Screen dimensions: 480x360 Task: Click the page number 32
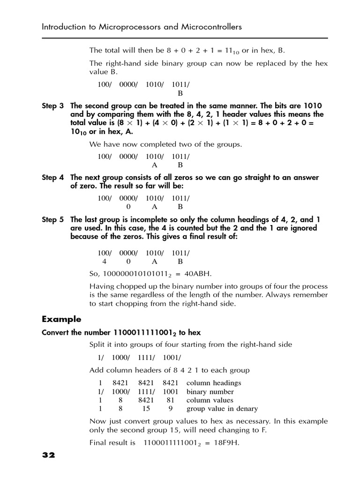[x=48, y=455]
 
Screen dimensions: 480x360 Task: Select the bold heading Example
[x=61, y=319]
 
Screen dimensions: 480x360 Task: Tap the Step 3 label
[x=52, y=106]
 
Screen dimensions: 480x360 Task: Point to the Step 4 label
[x=52, y=177]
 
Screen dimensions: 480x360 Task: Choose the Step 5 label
[x=52, y=219]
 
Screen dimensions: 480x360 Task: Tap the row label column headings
[x=214, y=383]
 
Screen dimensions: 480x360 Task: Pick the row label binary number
[x=210, y=392]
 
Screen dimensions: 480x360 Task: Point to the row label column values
[x=210, y=400]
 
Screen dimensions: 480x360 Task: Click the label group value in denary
[x=222, y=409]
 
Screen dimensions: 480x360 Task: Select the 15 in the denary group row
[x=146, y=409]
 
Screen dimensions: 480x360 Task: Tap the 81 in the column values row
[x=171, y=400]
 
